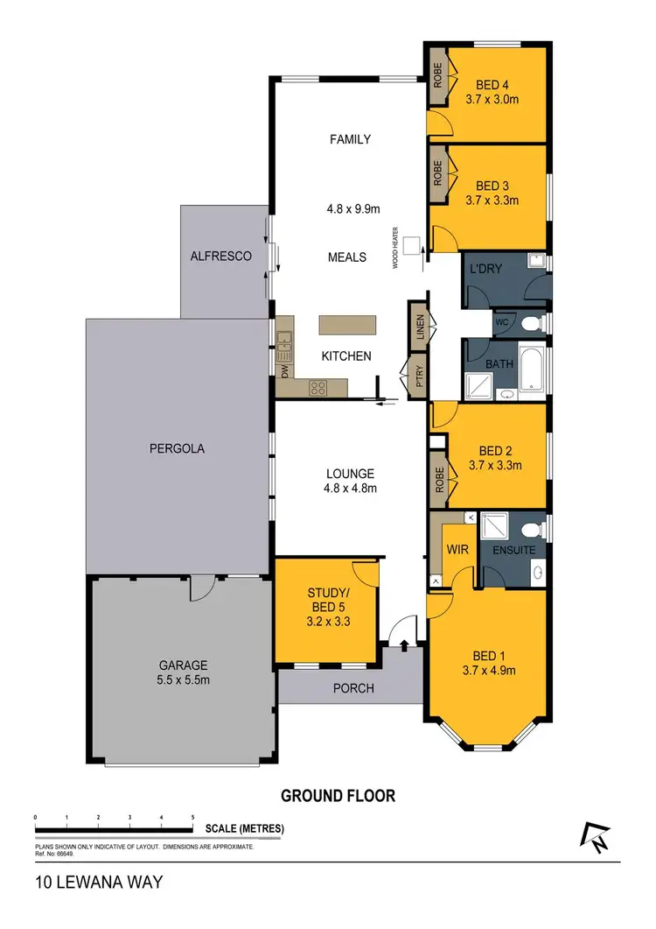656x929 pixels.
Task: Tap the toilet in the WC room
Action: pyautogui.click(x=528, y=323)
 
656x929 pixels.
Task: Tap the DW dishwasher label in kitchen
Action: pyautogui.click(x=284, y=370)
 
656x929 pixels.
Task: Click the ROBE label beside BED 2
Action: pyautogui.click(x=438, y=479)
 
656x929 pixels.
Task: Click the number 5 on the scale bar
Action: pyautogui.click(x=192, y=816)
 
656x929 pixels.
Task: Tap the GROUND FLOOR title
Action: pyautogui.click(x=338, y=796)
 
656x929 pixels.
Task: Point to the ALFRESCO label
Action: pyautogui.click(x=221, y=257)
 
